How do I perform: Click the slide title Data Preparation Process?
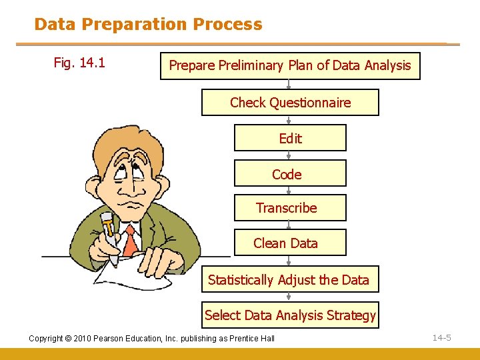click(148, 25)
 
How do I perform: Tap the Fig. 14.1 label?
click(79, 63)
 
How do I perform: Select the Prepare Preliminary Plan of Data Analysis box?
click(290, 66)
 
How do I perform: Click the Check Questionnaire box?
click(290, 103)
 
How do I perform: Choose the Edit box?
click(290, 138)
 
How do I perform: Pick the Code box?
click(290, 173)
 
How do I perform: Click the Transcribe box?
click(290, 208)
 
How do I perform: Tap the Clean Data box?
click(290, 243)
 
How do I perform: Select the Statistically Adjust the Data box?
click(290, 280)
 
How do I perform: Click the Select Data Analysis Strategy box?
click(290, 315)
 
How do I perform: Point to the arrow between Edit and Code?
click(289, 155)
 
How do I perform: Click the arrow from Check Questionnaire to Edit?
click(289, 120)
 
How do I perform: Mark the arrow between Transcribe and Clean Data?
click(289, 225)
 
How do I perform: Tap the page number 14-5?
click(441, 338)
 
